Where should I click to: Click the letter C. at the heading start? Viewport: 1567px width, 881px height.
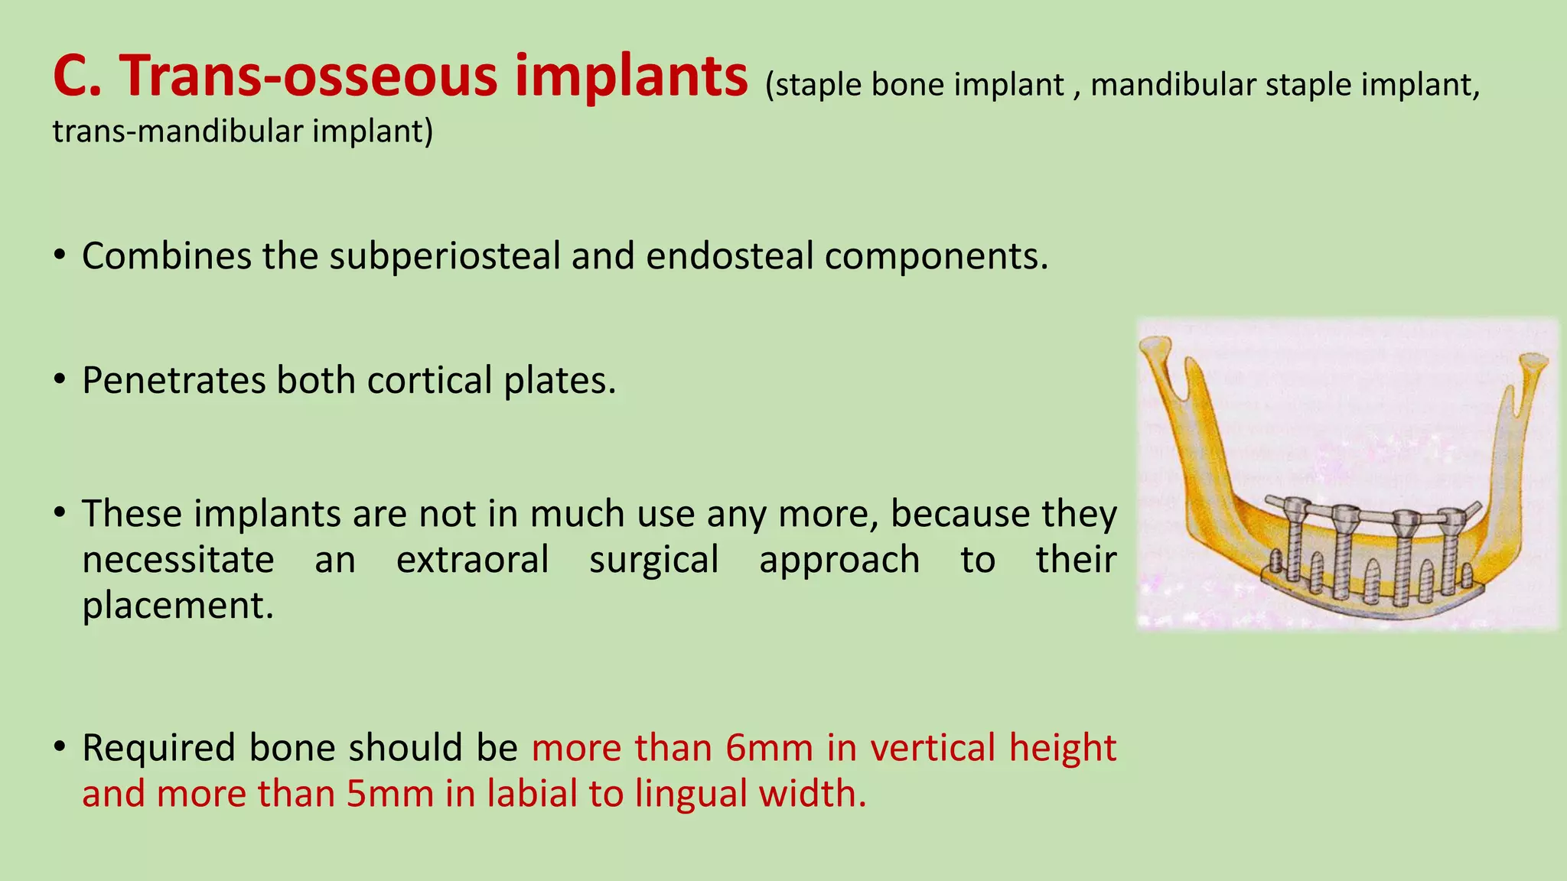pos(77,76)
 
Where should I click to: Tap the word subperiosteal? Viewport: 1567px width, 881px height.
pos(445,255)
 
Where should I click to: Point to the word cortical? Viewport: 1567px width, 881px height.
pos(428,380)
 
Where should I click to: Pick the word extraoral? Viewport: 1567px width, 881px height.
pos(472,559)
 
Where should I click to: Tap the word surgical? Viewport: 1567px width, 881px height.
pos(653,559)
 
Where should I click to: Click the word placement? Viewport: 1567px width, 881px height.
pos(177,605)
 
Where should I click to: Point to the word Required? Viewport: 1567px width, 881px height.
pos(159,747)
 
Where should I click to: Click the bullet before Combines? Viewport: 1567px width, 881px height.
pos(60,255)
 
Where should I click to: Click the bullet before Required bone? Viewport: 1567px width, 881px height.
pos(60,747)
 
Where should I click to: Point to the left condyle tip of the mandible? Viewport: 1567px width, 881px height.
pos(1155,346)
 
